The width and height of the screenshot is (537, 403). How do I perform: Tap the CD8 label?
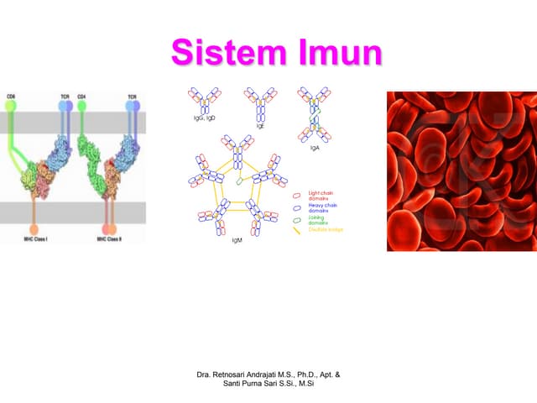pos(11,97)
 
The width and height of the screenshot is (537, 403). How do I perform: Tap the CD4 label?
pos(81,97)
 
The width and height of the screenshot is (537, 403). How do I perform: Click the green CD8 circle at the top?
pos(11,106)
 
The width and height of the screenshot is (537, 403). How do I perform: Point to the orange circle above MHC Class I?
pos(34,228)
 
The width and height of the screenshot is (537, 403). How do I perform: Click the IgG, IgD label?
pos(206,118)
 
